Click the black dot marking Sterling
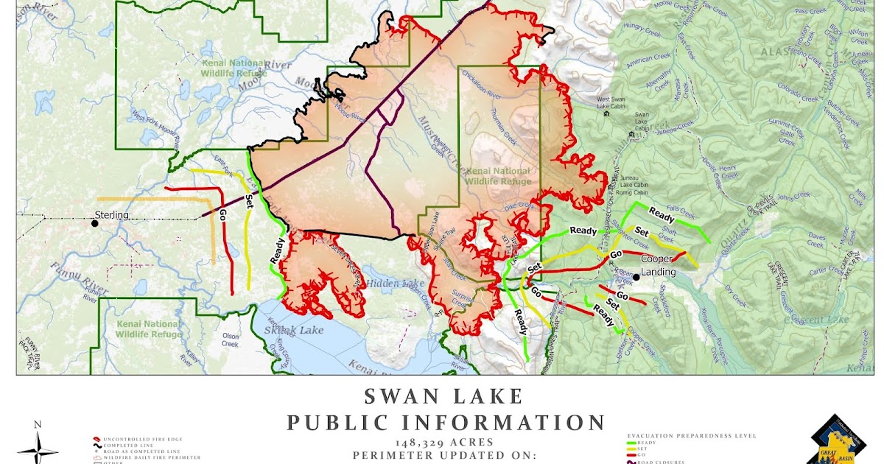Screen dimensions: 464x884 point(94,223)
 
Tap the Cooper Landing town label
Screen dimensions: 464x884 point(657,265)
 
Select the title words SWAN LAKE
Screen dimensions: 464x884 point(443,397)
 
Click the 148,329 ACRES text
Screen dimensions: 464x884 point(445,442)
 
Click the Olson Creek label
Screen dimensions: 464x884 point(230,340)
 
